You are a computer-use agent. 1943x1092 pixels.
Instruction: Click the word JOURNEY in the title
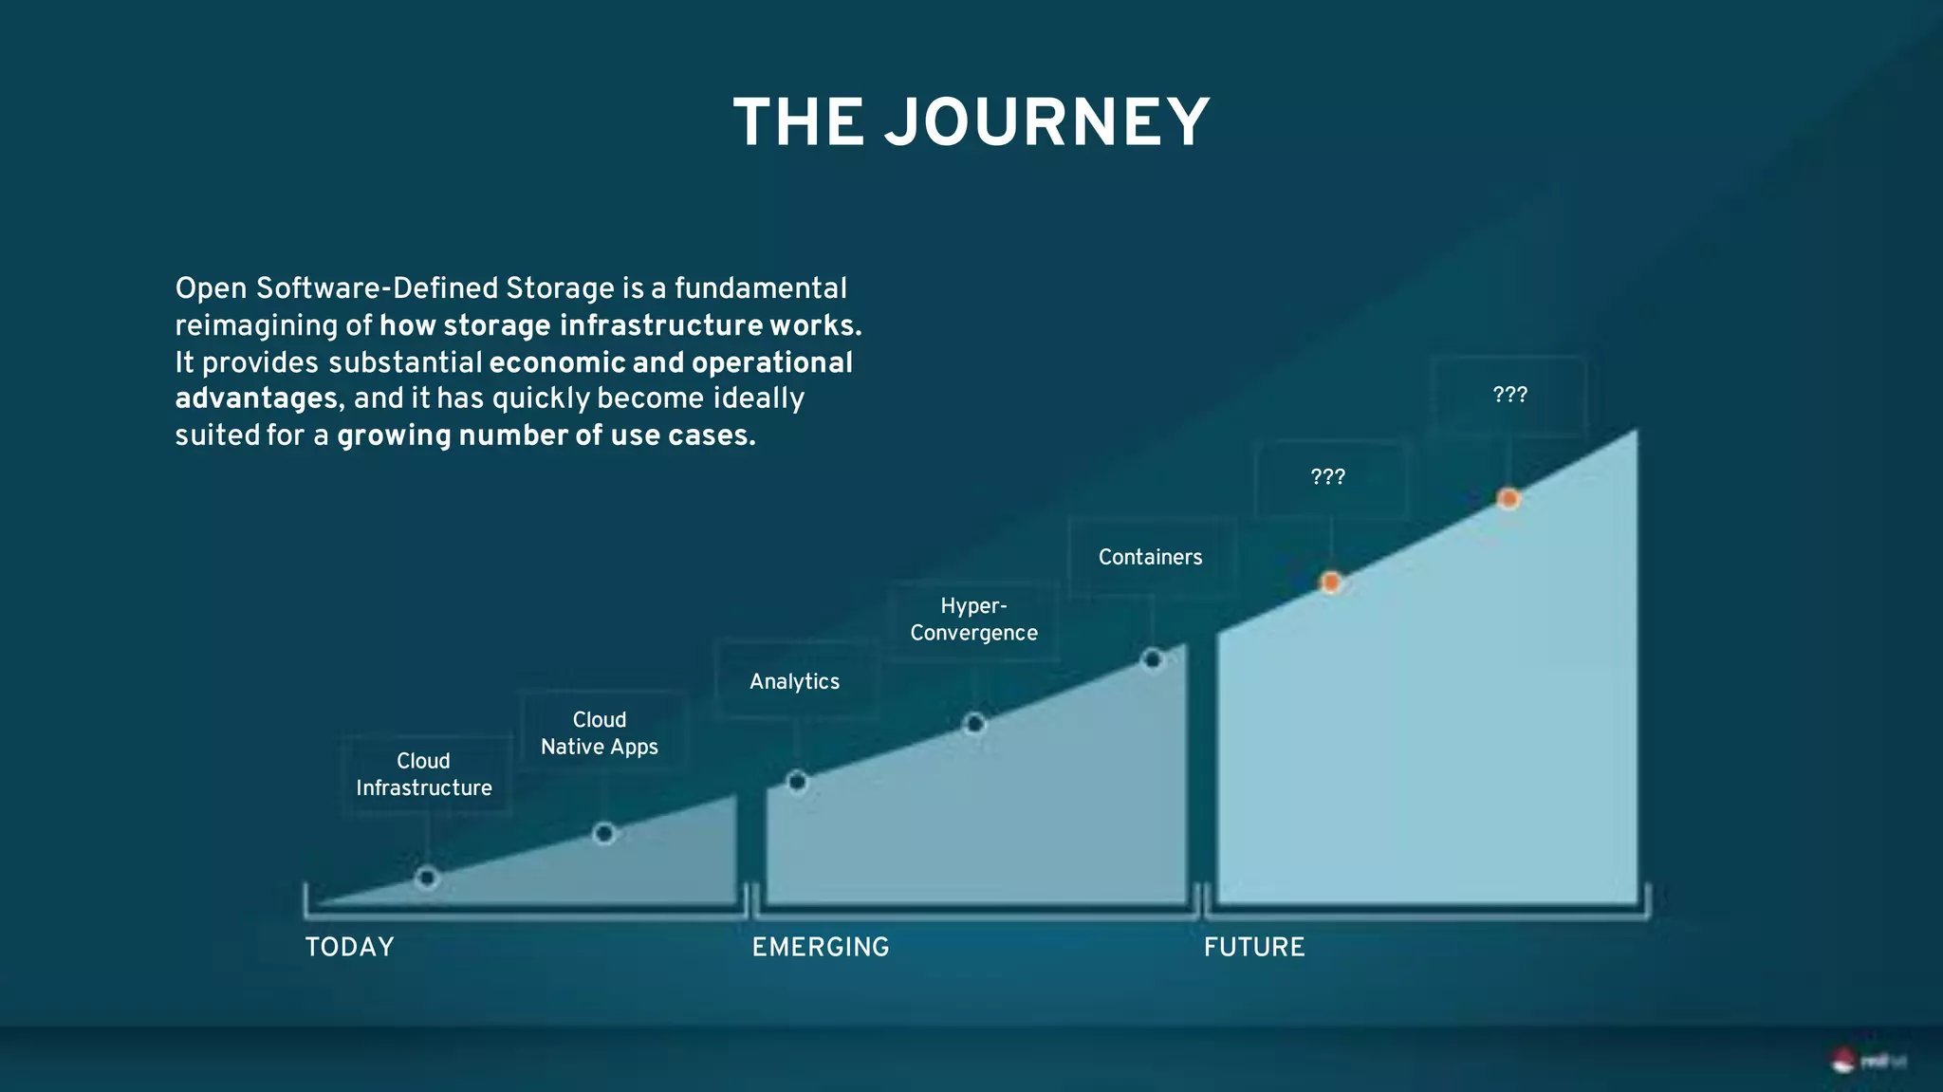[x=1047, y=123]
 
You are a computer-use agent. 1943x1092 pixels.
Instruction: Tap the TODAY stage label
[x=349, y=947]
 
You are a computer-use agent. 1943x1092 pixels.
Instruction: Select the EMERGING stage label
[x=821, y=947]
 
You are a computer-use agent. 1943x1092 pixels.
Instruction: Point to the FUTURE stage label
[x=1254, y=947]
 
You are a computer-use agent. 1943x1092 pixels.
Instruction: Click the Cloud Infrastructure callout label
[x=424, y=774]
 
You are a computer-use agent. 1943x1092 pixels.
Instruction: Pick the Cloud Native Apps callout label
[x=600, y=733]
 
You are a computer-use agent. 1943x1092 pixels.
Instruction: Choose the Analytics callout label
[x=795, y=681]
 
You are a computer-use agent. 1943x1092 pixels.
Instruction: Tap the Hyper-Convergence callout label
[x=974, y=620]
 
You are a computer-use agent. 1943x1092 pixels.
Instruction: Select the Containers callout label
[x=1150, y=557]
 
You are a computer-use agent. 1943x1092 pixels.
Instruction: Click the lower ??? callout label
[x=1328, y=477]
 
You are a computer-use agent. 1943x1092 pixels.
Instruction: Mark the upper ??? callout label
[x=1510, y=395]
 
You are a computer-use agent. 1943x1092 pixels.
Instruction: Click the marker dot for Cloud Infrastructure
[x=427, y=879]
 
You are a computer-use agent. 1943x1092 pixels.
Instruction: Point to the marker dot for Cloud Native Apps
[x=604, y=834]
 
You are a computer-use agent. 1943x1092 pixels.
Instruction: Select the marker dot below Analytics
[x=798, y=782]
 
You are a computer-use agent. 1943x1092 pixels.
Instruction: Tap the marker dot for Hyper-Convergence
[x=974, y=725]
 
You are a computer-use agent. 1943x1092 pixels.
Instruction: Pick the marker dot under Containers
[x=1153, y=659]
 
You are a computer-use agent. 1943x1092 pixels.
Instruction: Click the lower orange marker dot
[x=1331, y=583]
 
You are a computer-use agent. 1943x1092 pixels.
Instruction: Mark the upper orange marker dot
[x=1508, y=499]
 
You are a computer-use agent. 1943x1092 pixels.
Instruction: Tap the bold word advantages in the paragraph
[x=256, y=398]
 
